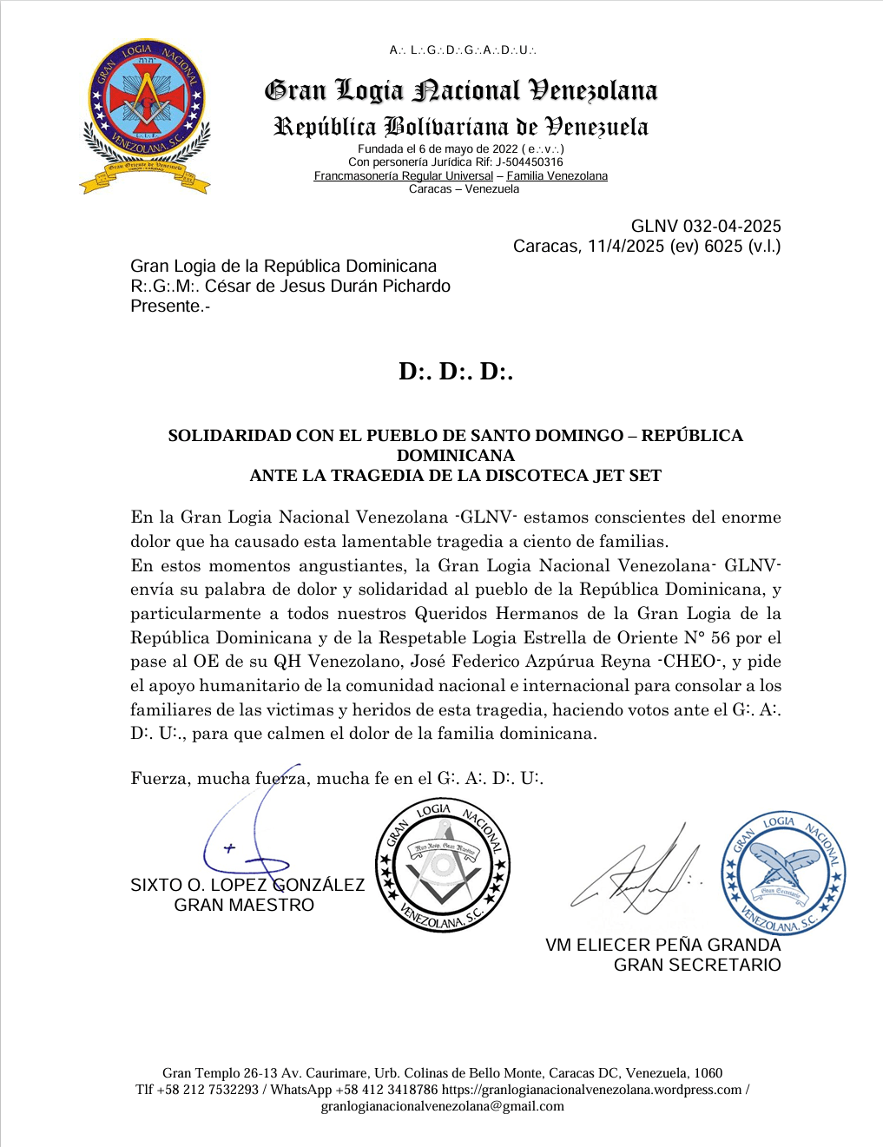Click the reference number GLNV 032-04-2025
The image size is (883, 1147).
point(706,227)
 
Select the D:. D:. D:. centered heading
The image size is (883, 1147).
point(456,372)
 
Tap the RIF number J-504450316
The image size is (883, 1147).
point(530,162)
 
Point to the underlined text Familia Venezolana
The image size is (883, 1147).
point(557,176)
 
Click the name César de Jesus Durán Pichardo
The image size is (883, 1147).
point(327,287)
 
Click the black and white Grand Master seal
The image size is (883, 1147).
point(443,866)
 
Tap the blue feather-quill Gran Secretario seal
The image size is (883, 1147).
point(784,873)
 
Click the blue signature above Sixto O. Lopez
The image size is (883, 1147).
point(239,838)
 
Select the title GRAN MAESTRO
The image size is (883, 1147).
point(244,906)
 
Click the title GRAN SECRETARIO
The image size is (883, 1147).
point(697,966)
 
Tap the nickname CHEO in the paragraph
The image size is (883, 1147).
point(690,662)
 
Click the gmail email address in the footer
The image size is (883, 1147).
point(442,1106)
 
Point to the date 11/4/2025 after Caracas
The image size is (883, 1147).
point(624,247)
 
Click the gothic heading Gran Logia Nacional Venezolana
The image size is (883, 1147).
point(461,90)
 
